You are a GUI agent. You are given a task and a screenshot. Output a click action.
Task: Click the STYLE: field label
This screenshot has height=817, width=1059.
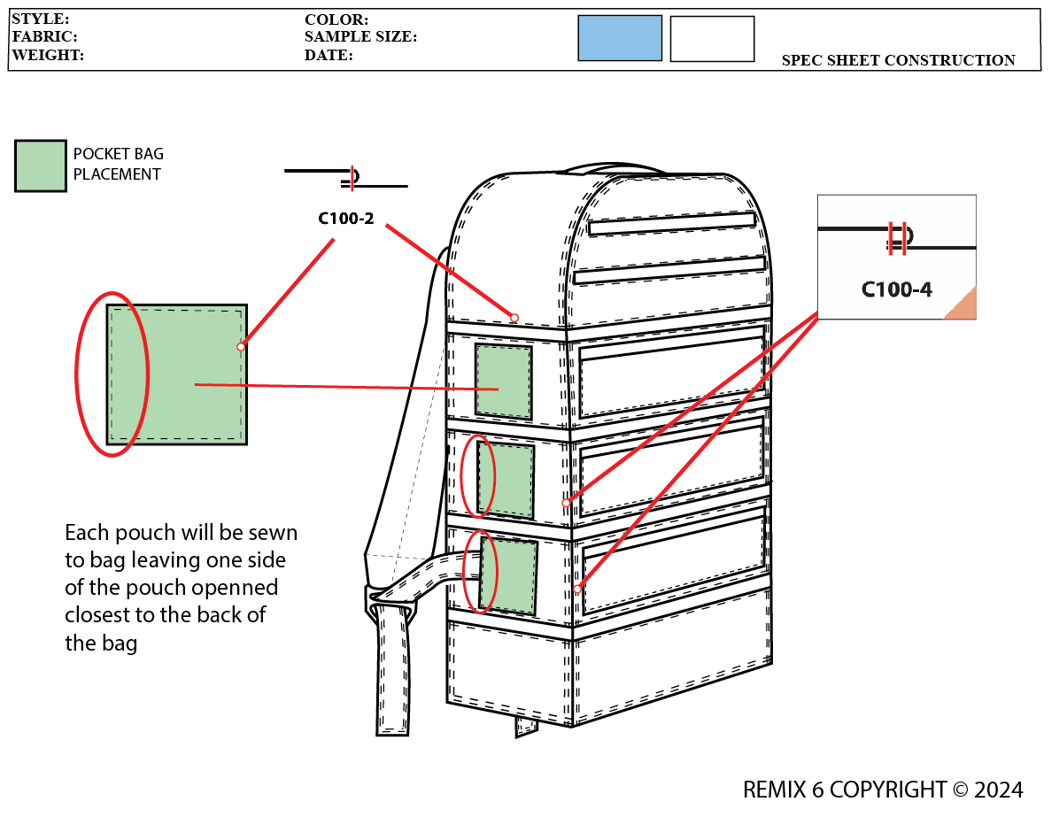pyautogui.click(x=41, y=19)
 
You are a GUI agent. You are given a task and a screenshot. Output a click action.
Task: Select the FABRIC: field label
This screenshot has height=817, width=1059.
pyautogui.click(x=44, y=37)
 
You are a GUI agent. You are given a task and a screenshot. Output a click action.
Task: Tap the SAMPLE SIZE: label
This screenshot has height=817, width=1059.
pyautogui.click(x=360, y=37)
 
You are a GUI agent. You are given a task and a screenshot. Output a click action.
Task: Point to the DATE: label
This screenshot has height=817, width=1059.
pyautogui.click(x=329, y=55)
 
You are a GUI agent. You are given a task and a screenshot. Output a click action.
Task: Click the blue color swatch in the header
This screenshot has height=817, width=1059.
pyautogui.click(x=620, y=38)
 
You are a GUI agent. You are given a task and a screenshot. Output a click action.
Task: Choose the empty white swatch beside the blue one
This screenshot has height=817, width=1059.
pyautogui.click(x=712, y=39)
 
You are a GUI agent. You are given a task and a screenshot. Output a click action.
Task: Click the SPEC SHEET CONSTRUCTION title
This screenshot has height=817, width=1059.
pyautogui.click(x=898, y=60)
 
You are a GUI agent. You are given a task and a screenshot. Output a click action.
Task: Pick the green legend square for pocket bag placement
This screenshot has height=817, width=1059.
pyautogui.click(x=41, y=166)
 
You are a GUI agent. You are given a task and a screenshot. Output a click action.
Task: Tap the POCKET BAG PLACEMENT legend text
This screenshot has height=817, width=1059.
pyautogui.click(x=118, y=165)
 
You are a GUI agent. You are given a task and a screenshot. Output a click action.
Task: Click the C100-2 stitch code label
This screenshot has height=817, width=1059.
pyautogui.click(x=346, y=218)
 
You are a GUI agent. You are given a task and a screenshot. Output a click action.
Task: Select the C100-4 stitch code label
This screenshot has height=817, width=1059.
pyautogui.click(x=896, y=289)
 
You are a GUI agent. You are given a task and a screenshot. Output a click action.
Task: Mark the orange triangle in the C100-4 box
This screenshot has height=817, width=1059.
pyautogui.click(x=963, y=305)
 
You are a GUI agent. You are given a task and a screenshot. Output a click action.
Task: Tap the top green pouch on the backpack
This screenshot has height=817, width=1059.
pyautogui.click(x=504, y=382)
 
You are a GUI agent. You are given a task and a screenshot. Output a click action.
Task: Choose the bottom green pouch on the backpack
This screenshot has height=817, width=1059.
pyautogui.click(x=508, y=576)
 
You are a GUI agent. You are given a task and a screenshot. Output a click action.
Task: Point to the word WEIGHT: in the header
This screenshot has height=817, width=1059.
pyautogui.click(x=48, y=55)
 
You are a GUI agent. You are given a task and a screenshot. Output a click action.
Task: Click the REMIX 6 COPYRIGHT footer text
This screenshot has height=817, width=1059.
pyautogui.click(x=883, y=790)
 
